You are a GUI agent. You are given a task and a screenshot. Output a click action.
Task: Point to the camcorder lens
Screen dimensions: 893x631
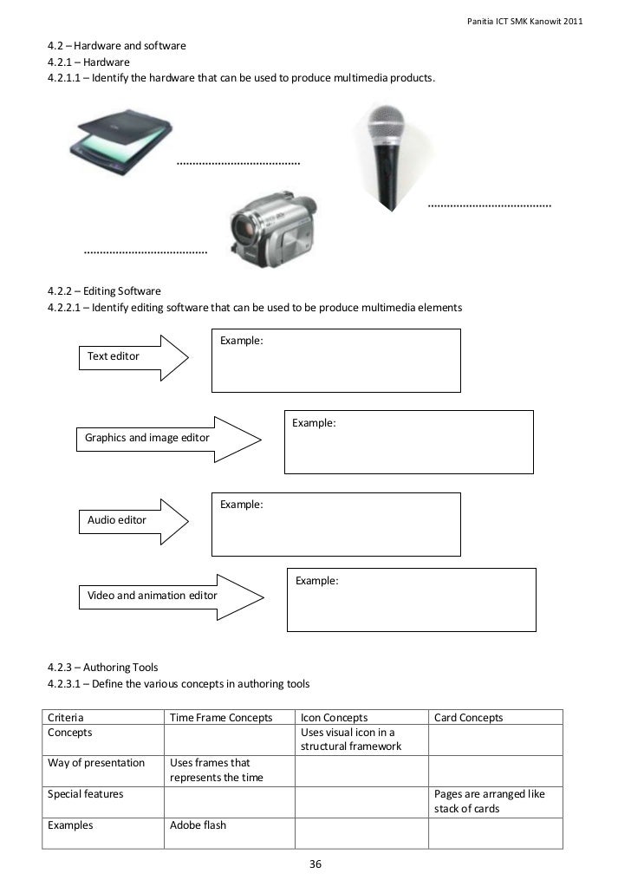[x=244, y=227]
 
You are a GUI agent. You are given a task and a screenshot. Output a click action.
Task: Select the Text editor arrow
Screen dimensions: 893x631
[x=133, y=356]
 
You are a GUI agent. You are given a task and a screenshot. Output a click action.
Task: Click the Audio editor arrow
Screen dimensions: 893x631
[x=133, y=520]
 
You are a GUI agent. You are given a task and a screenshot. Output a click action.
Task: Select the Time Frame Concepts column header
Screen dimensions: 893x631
[x=221, y=718]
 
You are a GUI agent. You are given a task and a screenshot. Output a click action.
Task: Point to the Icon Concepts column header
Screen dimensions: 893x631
[x=334, y=718]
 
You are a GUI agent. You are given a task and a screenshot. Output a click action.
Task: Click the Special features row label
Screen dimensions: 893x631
[x=85, y=794]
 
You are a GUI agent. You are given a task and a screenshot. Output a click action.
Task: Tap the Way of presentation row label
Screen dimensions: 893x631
[x=96, y=763]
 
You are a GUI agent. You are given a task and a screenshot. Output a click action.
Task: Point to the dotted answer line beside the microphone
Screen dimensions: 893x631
[x=490, y=205]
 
